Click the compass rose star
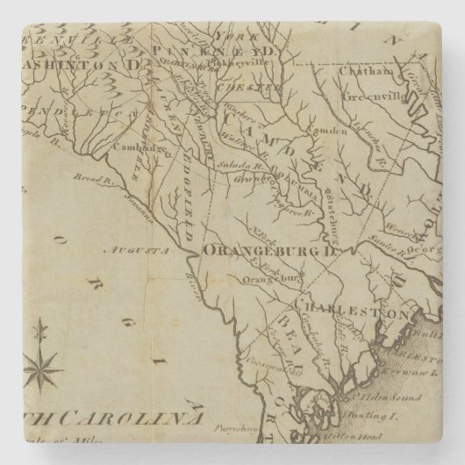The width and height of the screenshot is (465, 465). pos(40,361)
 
